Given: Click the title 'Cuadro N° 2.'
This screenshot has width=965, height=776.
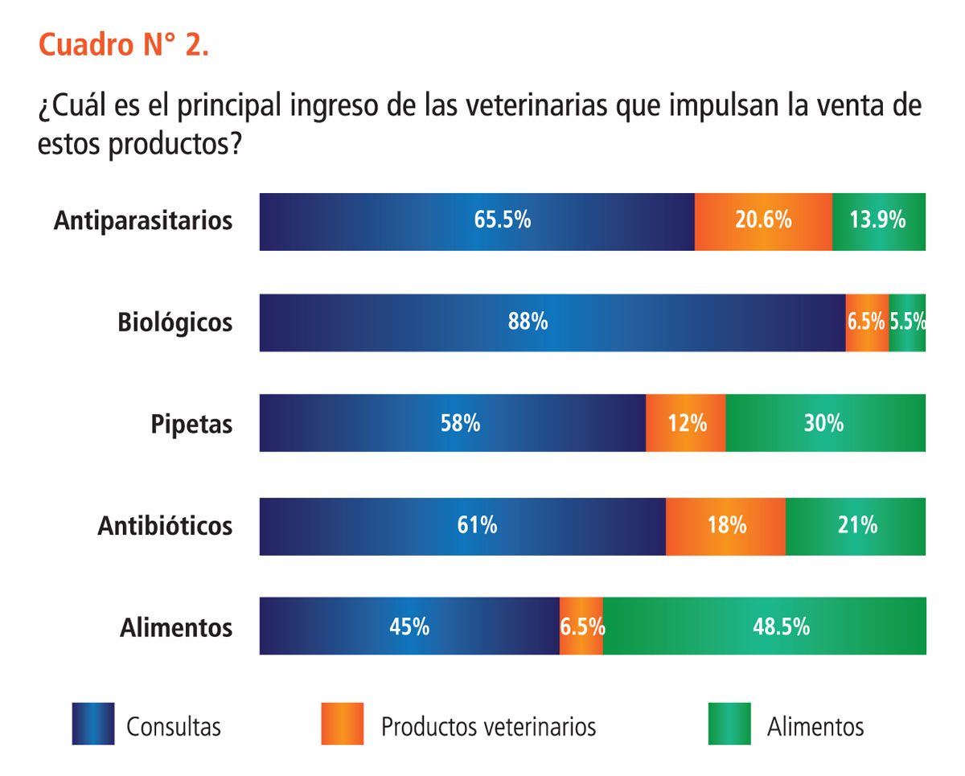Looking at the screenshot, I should (x=124, y=46).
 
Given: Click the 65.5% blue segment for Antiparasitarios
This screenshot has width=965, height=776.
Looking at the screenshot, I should (x=477, y=221).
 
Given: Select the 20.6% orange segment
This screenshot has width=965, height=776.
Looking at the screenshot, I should (x=763, y=221).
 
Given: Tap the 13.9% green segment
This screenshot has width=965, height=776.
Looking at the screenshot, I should (x=879, y=221).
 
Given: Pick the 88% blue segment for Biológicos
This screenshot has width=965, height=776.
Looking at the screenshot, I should (x=552, y=322).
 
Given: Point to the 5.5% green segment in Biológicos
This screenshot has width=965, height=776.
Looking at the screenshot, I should (x=907, y=322).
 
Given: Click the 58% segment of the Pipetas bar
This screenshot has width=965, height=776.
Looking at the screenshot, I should (x=452, y=423).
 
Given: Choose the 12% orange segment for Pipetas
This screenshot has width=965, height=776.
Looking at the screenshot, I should (x=686, y=423).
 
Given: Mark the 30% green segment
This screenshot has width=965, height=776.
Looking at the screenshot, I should (x=826, y=423).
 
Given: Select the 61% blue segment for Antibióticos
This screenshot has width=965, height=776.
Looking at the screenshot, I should (x=462, y=526).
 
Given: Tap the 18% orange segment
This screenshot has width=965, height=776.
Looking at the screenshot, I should (x=725, y=526).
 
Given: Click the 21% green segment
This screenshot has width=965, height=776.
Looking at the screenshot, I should (x=856, y=526).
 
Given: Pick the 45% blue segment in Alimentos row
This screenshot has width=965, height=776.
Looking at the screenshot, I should (x=409, y=626).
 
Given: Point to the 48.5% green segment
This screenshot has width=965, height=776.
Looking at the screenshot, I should (x=764, y=626).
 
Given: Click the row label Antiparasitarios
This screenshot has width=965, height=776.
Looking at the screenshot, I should (x=143, y=221).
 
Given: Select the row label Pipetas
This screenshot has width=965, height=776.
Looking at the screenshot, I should (x=191, y=424).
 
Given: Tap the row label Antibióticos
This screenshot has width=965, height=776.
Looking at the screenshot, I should (x=165, y=526).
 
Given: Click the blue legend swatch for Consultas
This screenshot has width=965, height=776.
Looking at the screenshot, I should (x=93, y=724).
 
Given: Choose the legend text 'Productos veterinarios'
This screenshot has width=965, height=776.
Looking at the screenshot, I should (x=488, y=727).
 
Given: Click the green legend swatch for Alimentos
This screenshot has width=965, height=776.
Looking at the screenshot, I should (x=729, y=724).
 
